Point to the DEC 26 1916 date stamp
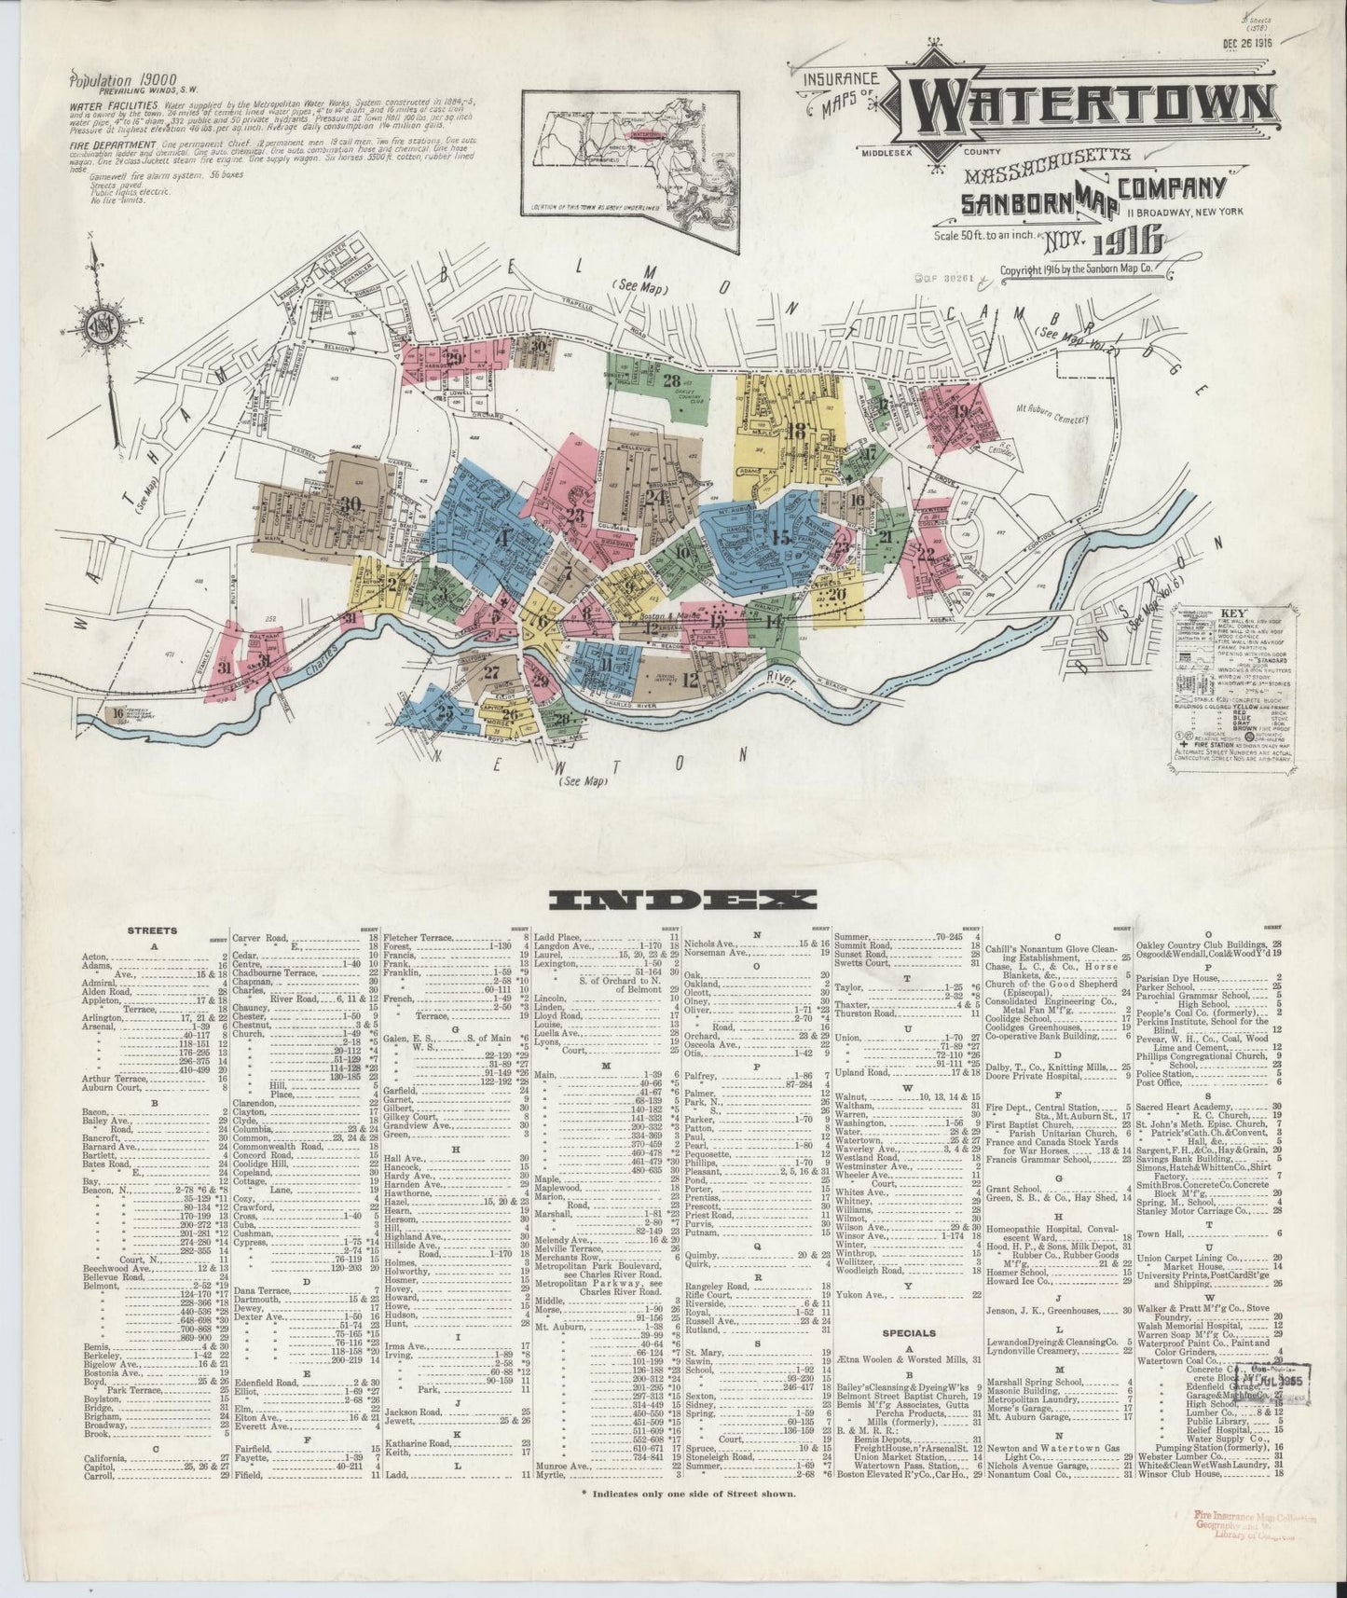tap(1247, 41)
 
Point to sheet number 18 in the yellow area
tap(795, 432)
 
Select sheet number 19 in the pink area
tap(960, 411)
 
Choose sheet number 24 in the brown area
tap(654, 497)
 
